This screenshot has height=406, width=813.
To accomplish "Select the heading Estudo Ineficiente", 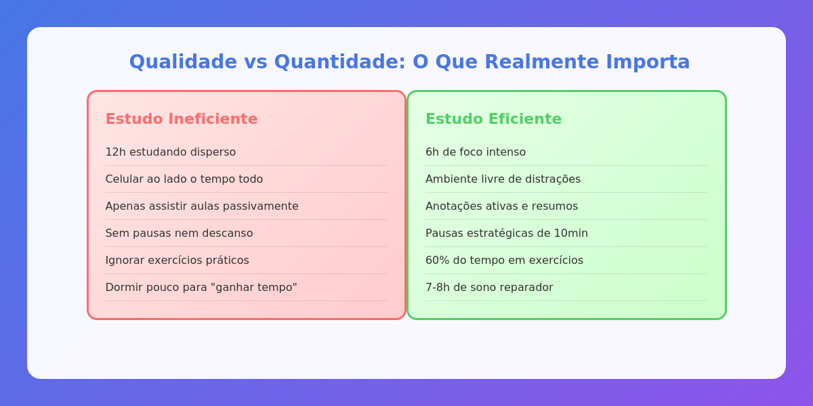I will click(182, 119).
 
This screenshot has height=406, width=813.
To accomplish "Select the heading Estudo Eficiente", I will click(493, 119).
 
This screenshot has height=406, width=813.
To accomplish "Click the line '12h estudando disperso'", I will click(171, 152).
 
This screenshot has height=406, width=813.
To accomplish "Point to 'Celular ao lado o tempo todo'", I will click(184, 179).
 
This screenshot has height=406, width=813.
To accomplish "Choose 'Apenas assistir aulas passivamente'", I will click(202, 206).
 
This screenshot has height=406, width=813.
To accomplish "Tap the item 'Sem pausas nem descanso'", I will click(179, 233).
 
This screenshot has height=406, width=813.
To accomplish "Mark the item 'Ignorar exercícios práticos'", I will click(177, 261).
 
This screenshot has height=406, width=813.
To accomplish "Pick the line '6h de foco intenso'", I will click(476, 152).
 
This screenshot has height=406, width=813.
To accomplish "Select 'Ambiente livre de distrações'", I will click(503, 179).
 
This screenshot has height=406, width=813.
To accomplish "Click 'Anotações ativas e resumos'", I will click(501, 206).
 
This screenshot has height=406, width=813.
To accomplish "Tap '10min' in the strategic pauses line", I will click(572, 233).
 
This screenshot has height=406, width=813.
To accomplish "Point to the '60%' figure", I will click(437, 261).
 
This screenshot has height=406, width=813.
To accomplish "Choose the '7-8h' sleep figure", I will click(438, 288).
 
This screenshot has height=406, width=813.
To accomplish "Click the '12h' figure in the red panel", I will click(115, 152).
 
